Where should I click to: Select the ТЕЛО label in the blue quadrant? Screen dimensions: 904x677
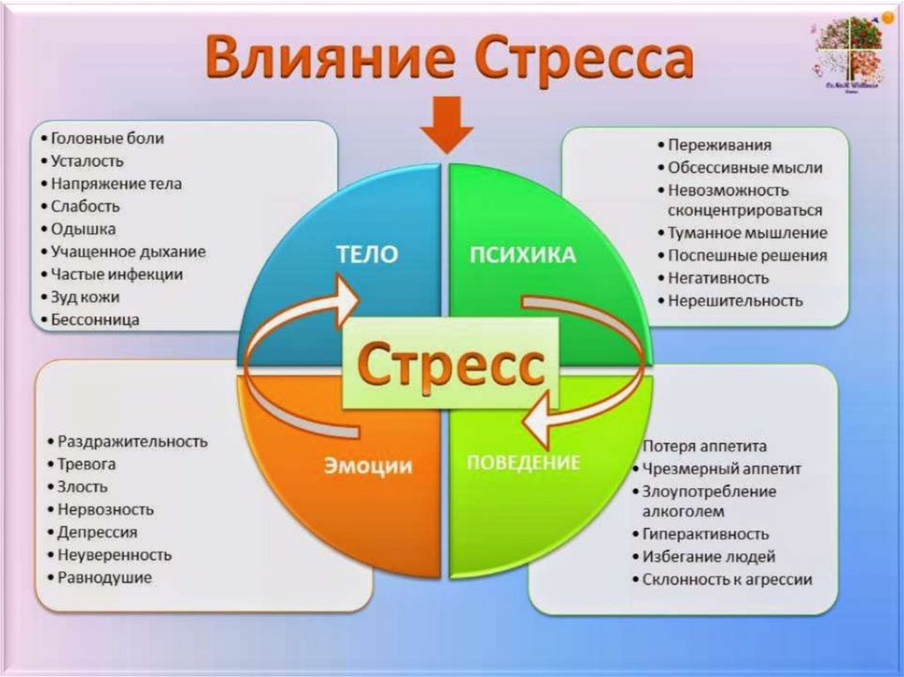coord(366,254)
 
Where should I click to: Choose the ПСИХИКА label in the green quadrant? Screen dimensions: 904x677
coord(522,255)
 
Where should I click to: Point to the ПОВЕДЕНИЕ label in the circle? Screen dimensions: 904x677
coord(523,462)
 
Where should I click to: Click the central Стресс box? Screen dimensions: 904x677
coord(450,363)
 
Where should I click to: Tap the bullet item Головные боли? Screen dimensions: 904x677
coord(107,139)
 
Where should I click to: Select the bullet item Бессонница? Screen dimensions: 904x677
coord(95,320)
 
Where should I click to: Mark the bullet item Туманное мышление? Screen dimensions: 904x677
coord(747,234)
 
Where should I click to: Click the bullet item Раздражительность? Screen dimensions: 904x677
coord(132,441)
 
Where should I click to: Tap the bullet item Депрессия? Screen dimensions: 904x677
coord(97,532)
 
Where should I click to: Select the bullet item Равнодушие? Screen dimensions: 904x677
coord(104,578)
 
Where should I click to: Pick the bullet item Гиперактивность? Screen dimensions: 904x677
coord(705,534)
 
